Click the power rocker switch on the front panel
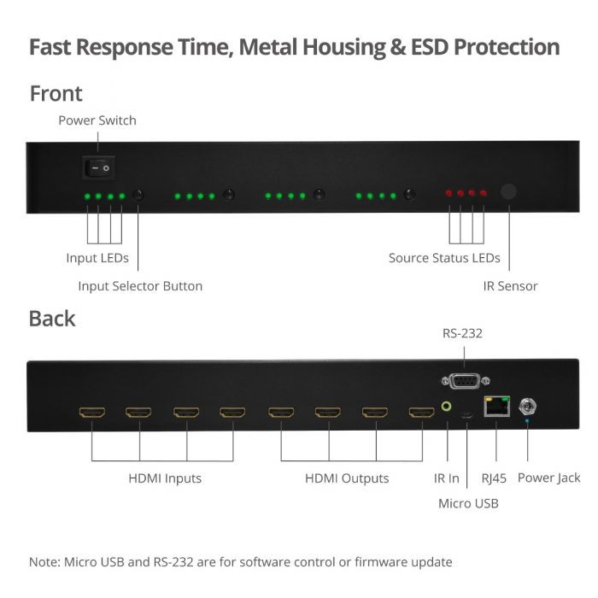[x=97, y=168]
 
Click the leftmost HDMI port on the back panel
[x=91, y=413]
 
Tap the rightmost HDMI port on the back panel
[x=420, y=413]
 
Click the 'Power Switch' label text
[x=97, y=120]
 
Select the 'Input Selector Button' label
[x=140, y=286]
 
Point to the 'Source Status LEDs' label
[x=444, y=258]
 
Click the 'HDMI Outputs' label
[x=347, y=478]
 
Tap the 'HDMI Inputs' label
[x=165, y=478]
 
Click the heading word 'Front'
[x=56, y=93]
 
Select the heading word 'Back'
[x=52, y=319]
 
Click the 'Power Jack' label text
[x=548, y=478]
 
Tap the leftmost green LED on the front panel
[x=86, y=196]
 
